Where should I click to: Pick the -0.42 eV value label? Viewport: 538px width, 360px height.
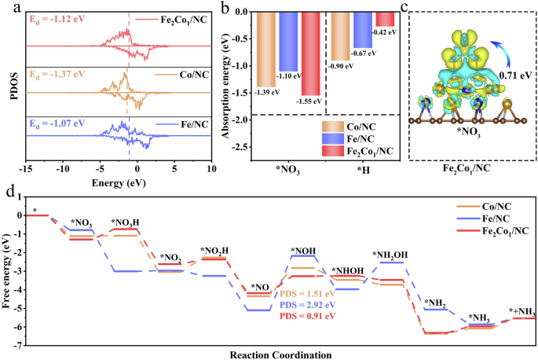(x=385, y=31)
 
